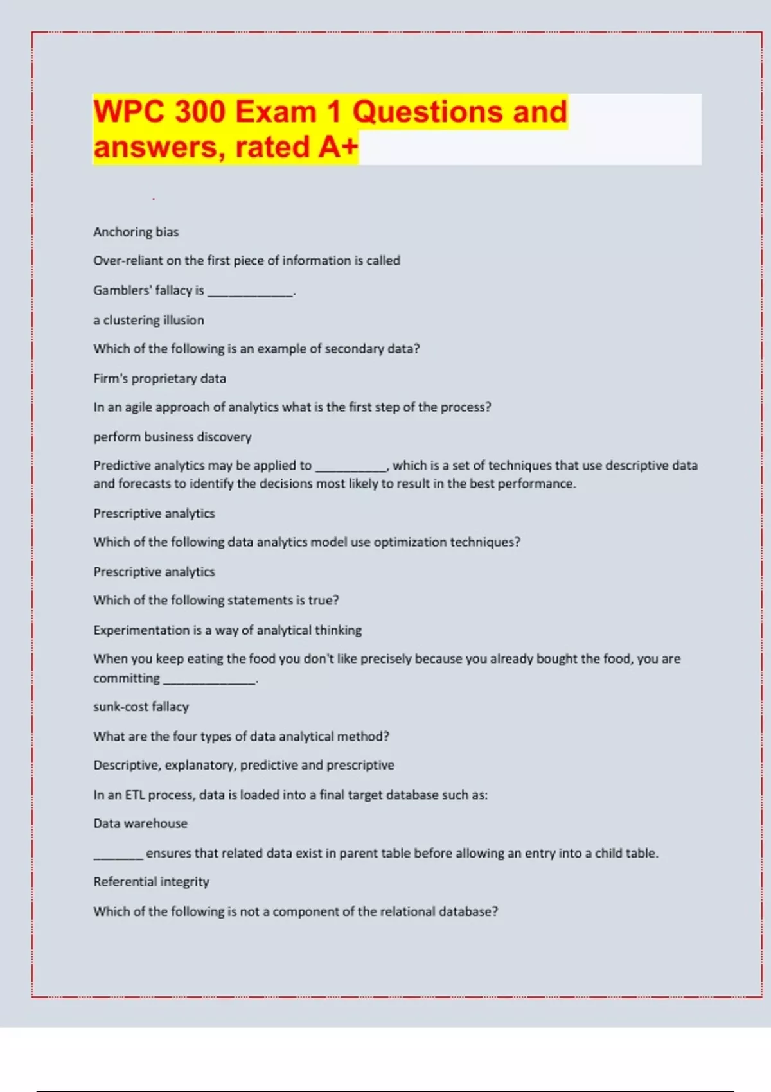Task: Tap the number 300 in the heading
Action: coord(200,112)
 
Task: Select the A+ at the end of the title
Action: coord(338,146)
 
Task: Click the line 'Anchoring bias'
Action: coord(136,232)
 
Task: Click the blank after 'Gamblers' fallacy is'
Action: coord(250,292)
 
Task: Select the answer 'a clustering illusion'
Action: coord(148,320)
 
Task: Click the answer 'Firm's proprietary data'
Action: coord(159,378)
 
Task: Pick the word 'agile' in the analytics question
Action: coord(138,407)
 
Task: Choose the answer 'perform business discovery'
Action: coord(172,437)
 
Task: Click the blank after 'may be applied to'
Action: coord(351,468)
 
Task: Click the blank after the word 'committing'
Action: coord(209,680)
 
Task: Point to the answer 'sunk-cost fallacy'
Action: coord(141,707)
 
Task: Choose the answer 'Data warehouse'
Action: coord(140,823)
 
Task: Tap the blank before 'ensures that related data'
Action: coord(118,856)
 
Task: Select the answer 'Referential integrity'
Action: coord(151,882)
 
